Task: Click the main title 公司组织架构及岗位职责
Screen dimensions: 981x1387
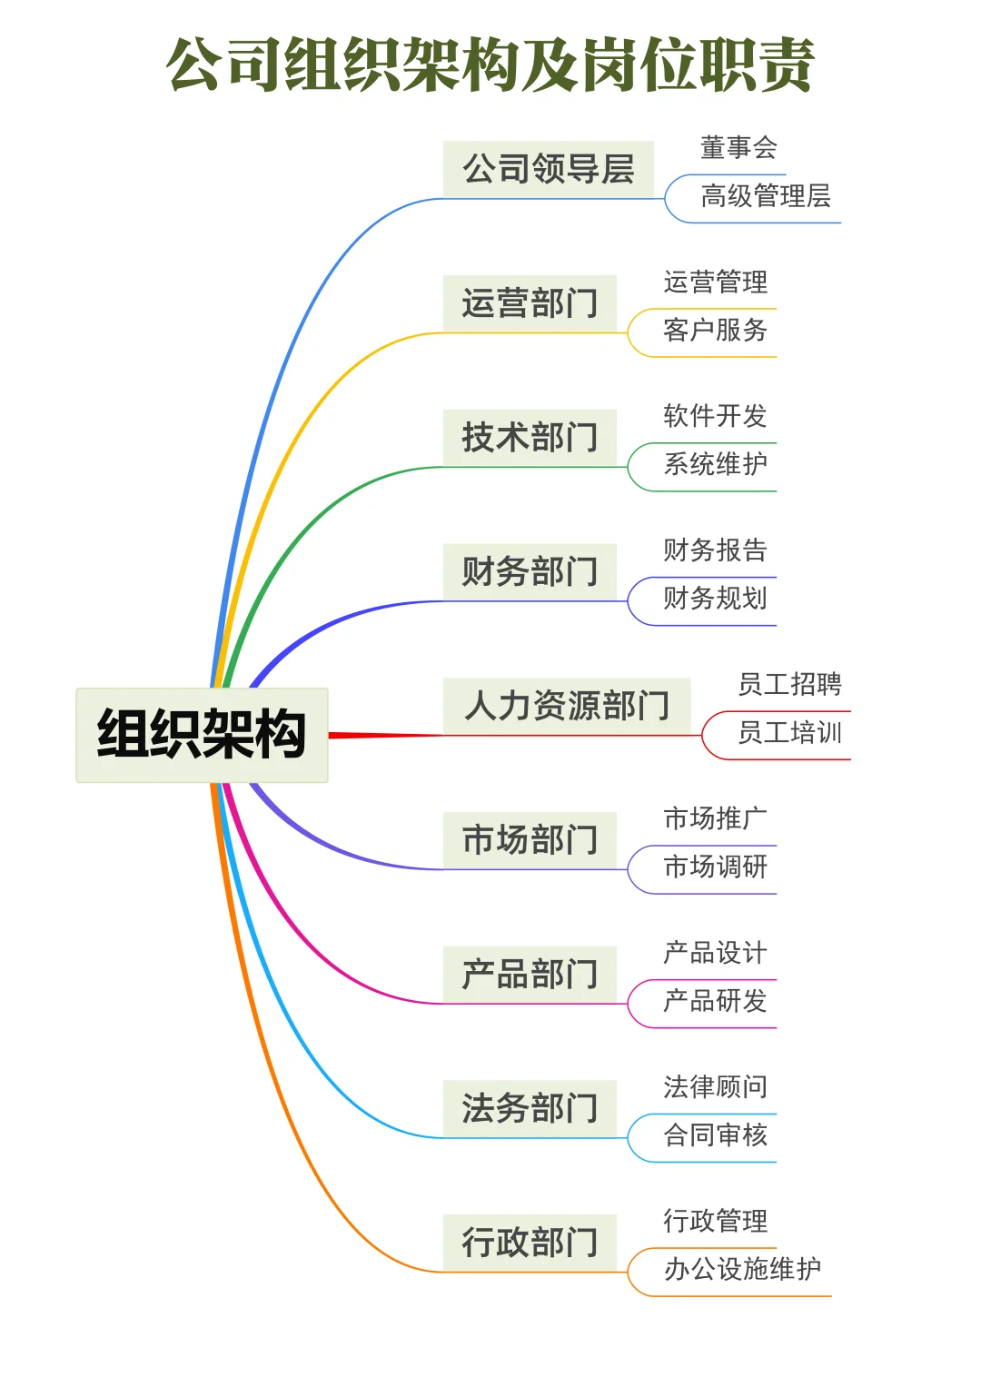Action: pos(490,65)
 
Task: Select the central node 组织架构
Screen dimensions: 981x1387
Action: pos(202,735)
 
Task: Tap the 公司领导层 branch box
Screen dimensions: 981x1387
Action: pos(548,169)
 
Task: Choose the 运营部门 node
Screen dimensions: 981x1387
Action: pos(530,303)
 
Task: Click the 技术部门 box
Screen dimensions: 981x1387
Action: pos(530,437)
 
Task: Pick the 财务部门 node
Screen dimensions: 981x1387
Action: pos(530,571)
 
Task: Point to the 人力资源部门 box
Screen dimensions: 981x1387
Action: pos(567,706)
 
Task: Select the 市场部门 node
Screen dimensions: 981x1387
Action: pos(530,839)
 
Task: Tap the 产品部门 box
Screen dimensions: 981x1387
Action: pos(530,974)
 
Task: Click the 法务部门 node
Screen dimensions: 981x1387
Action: pos(530,1108)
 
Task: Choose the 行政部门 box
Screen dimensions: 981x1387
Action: pos(530,1242)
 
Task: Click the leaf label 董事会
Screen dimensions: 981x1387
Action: pos(738,147)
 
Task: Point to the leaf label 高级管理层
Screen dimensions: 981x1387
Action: pos(766,196)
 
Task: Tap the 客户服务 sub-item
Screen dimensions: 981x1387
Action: pos(715,330)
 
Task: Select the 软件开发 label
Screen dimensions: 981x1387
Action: pos(715,416)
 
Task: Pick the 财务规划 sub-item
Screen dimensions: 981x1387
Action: pos(715,599)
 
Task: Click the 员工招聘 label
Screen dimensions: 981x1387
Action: pos(789,684)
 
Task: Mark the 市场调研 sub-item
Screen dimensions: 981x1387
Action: pos(715,867)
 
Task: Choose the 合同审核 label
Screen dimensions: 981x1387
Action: pos(715,1134)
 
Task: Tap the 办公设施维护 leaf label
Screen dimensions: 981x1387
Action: pos(742,1269)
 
